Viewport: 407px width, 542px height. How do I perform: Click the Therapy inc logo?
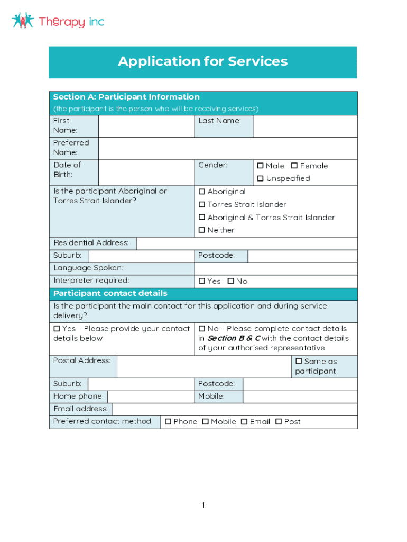click(x=58, y=21)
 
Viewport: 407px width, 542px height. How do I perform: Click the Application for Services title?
click(x=202, y=61)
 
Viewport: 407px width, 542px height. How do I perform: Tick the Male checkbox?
click(x=260, y=166)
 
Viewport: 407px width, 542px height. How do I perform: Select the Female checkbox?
click(x=294, y=166)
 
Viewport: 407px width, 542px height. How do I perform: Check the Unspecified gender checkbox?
click(x=260, y=178)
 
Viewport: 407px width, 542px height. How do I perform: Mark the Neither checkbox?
click(x=202, y=230)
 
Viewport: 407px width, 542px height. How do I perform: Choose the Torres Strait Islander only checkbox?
click(x=202, y=204)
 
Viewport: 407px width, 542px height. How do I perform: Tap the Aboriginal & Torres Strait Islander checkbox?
click(x=202, y=218)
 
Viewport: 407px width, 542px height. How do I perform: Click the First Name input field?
click(x=146, y=126)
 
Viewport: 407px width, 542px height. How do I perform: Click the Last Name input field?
click(x=304, y=126)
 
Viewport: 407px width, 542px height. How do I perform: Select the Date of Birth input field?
click(x=146, y=172)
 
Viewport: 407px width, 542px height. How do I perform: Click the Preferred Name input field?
click(x=227, y=148)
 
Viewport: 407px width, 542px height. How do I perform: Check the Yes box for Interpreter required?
click(x=202, y=281)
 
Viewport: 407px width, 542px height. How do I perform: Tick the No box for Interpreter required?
click(x=230, y=281)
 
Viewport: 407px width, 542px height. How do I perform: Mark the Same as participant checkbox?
click(x=299, y=362)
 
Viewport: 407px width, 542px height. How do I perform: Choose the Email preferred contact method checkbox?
click(x=244, y=422)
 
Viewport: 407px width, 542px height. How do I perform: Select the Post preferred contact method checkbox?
click(x=279, y=422)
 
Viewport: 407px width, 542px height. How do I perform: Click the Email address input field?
click(x=234, y=409)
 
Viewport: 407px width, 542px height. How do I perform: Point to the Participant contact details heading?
click(x=110, y=294)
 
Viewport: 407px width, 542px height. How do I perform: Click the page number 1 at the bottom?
click(x=203, y=505)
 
